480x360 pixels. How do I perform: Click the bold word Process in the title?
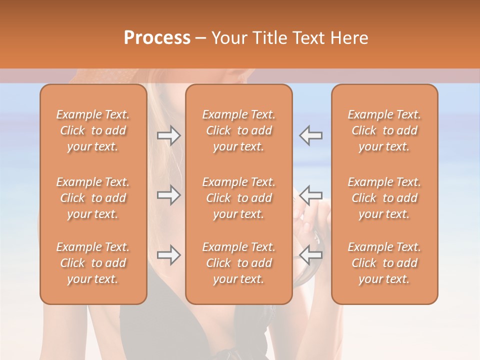tap(157, 38)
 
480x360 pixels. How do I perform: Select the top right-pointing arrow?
tap(169, 135)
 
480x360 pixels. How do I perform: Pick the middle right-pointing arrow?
tap(169, 195)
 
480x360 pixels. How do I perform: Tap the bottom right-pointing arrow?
tap(169, 255)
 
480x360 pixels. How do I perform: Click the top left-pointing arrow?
tap(311, 135)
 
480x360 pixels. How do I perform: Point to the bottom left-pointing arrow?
tap(311, 255)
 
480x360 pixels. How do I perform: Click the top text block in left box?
tap(93, 130)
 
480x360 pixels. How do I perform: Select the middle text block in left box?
tap(93, 198)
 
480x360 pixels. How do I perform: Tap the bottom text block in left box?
tap(93, 263)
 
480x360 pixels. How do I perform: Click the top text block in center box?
tap(239, 130)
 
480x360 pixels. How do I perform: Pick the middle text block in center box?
tap(239, 198)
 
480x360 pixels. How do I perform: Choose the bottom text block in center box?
tap(239, 263)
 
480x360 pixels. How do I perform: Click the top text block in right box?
tap(384, 130)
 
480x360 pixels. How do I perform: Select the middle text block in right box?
tap(384, 198)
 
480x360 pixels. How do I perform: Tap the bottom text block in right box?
tap(384, 263)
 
